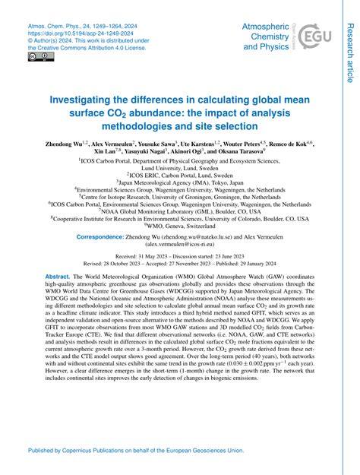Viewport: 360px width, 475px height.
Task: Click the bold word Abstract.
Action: coord(59,276)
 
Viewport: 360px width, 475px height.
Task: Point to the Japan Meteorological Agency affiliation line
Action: coord(179,182)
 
